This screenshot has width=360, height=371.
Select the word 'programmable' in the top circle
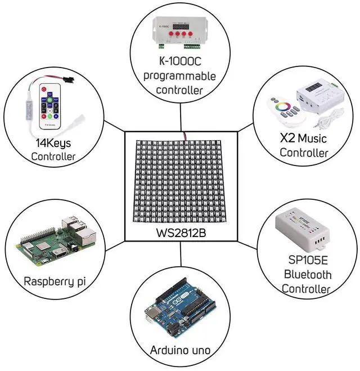(180, 75)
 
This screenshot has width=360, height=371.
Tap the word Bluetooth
(307, 275)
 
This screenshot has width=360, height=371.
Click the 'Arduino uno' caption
(180, 350)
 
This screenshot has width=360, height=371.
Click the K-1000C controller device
(181, 37)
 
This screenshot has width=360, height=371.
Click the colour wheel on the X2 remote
(281, 106)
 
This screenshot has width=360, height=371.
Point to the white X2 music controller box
(317, 96)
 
